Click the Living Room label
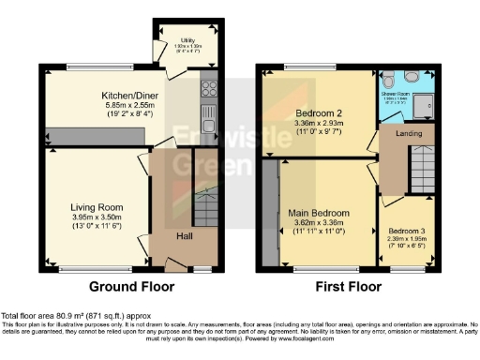pyautogui.click(x=97, y=207)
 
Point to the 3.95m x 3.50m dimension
pyautogui.click(x=97, y=218)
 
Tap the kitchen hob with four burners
pyautogui.click(x=208, y=92)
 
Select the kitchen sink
pyautogui.click(x=208, y=119)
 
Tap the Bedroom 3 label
pyautogui.click(x=404, y=231)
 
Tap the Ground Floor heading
pyautogui.click(x=129, y=287)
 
